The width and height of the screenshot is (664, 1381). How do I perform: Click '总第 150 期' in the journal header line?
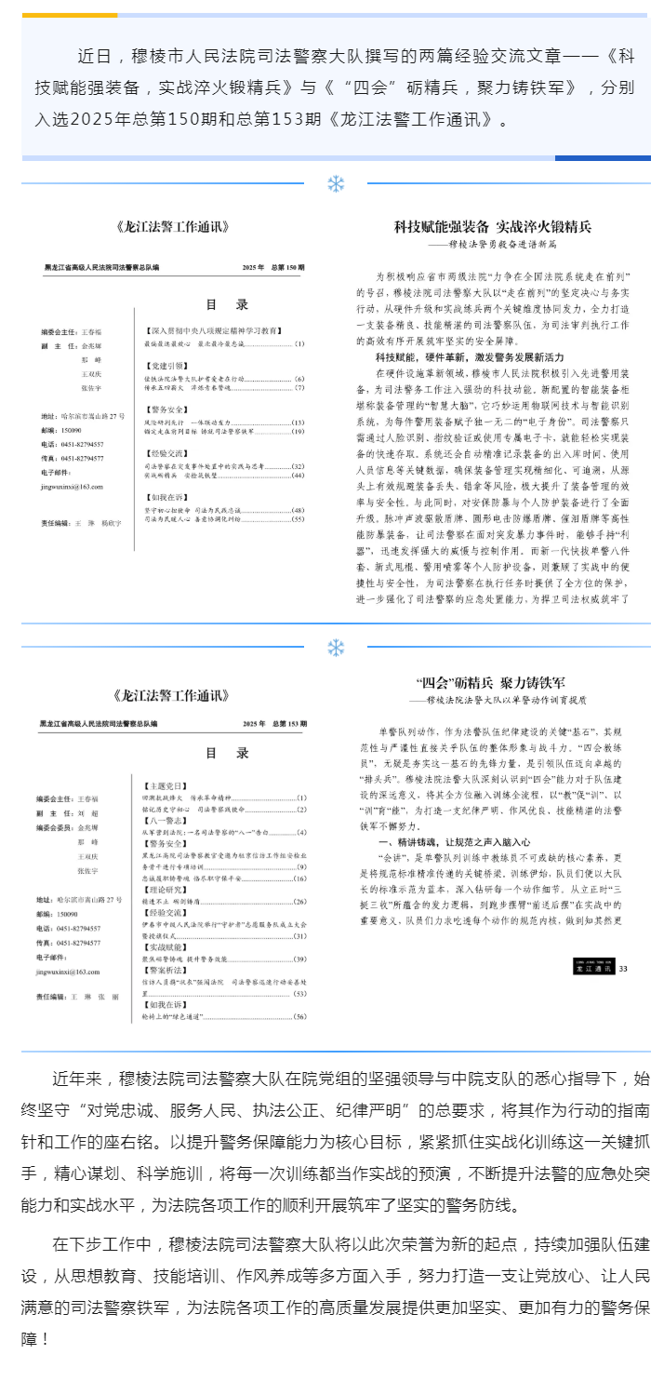(286, 268)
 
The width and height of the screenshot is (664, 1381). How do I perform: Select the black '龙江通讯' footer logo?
(592, 969)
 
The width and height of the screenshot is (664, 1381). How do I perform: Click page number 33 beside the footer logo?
(623, 969)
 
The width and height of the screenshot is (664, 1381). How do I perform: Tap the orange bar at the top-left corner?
(70, 15)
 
